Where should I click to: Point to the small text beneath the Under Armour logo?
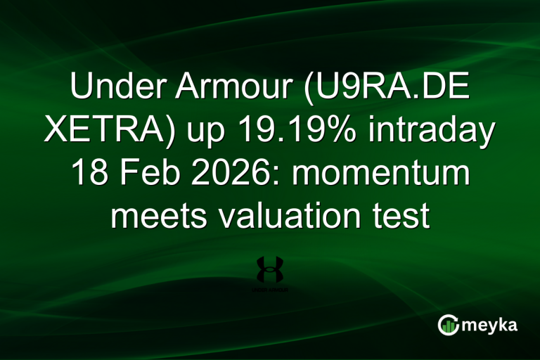(x=270, y=289)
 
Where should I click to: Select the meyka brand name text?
(x=489, y=325)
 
